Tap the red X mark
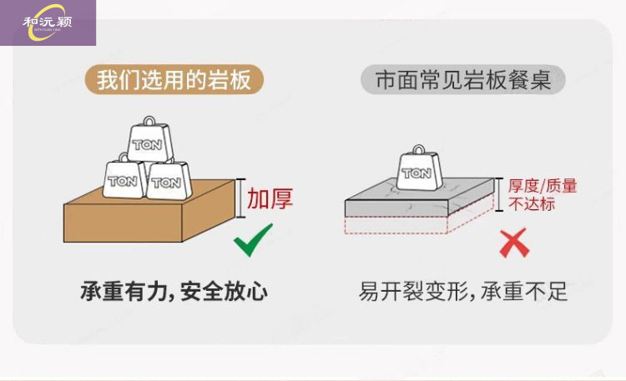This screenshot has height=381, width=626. pos(512,243)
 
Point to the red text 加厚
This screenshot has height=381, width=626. pos(270,199)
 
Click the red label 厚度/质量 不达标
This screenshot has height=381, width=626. pos(543,194)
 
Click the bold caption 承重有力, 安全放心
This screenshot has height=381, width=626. pos(174,292)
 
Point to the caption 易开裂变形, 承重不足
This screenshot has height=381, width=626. pos(463,292)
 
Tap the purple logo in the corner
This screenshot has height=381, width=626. pos(48,23)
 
